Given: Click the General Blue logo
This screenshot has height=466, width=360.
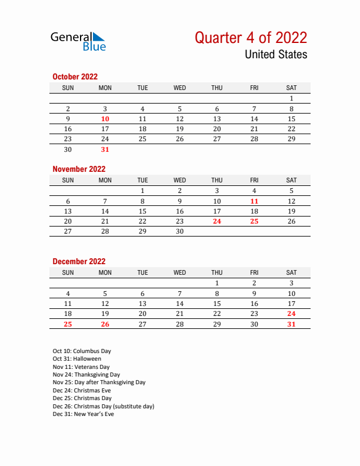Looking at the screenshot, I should [78, 41].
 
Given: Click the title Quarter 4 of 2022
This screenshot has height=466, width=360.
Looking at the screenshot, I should [251, 38].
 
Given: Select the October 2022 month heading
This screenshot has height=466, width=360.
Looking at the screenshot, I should [75, 76].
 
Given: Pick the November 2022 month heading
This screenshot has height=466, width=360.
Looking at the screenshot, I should [79, 169].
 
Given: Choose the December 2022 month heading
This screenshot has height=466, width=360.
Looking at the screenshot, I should [79, 261].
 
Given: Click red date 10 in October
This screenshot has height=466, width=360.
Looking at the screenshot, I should [105, 119].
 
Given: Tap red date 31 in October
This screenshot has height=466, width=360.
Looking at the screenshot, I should [105, 149].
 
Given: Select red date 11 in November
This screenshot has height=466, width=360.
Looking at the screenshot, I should [254, 201].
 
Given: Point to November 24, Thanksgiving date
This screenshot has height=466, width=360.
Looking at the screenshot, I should [217, 221].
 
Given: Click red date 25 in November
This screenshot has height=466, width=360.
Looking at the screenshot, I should [254, 221].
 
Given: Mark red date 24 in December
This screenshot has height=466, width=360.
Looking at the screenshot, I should [291, 314].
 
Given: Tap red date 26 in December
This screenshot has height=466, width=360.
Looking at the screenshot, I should [105, 324].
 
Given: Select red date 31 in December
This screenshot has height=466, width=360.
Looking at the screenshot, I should [291, 324].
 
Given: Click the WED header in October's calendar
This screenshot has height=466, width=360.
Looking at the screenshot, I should [180, 88].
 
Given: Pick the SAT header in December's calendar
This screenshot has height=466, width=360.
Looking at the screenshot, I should [291, 272].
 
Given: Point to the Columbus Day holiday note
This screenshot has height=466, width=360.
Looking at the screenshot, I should [82, 351].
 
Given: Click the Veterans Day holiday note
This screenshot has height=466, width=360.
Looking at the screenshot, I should [81, 367].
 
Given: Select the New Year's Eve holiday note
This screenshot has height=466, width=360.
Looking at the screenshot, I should [83, 414].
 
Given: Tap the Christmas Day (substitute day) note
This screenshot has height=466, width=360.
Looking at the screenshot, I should [104, 406].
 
